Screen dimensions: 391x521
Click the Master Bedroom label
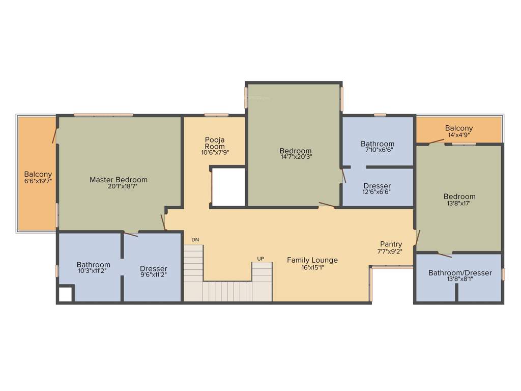pyautogui.click(x=119, y=180)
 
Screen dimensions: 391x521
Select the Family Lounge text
pyautogui.click(x=312, y=260)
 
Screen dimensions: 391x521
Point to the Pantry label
pyautogui.click(x=391, y=244)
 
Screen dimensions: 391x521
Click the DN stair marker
pyautogui.click(x=195, y=239)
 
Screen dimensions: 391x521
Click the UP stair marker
pyautogui.click(x=260, y=259)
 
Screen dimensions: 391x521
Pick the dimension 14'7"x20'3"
pyautogui.click(x=296, y=157)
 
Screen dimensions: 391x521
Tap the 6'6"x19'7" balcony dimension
pyautogui.click(x=38, y=181)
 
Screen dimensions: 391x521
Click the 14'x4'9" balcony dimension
pyautogui.click(x=458, y=135)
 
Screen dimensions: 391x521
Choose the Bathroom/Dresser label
pyautogui.click(x=460, y=273)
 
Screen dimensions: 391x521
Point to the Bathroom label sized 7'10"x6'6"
pyautogui.click(x=378, y=144)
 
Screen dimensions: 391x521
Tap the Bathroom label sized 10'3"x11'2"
pyautogui.click(x=93, y=265)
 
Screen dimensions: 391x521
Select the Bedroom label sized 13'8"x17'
pyautogui.click(x=459, y=197)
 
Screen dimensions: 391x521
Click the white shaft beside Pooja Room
pyautogui.click(x=228, y=186)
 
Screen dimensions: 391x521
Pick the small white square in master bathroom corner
pyautogui.click(x=65, y=294)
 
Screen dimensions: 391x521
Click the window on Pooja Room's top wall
pyautogui.click(x=216, y=115)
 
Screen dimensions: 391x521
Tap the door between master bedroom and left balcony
pyautogui.click(x=54, y=135)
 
